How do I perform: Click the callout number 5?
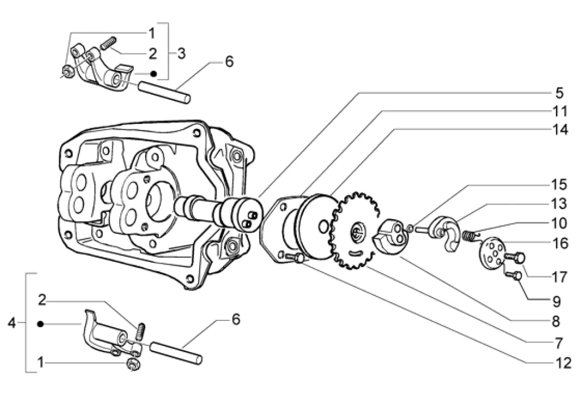coord(559,93)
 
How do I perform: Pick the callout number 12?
coord(564,363)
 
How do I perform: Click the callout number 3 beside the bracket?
coord(181,53)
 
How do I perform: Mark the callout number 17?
coord(559,277)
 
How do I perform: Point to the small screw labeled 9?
coord(513,275)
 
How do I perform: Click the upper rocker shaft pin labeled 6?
coord(165,92)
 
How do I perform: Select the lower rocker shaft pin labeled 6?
coord(176,353)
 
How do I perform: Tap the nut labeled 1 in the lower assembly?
coord(133,365)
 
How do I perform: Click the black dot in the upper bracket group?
coord(153,74)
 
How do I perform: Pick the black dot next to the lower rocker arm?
coord(40,324)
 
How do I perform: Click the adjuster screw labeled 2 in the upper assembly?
coord(108,43)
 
